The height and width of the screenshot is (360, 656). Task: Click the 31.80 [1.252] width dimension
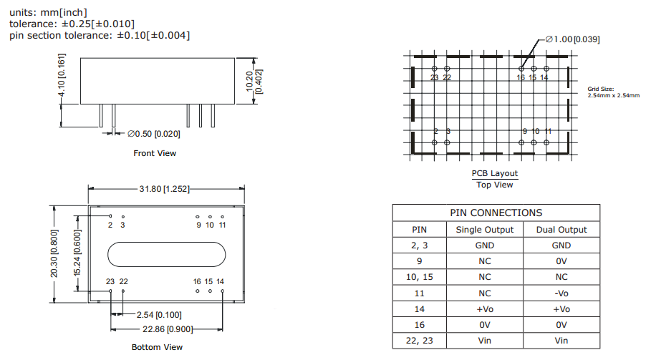click(x=165, y=189)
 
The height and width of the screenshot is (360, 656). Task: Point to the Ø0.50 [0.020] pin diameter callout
click(x=154, y=134)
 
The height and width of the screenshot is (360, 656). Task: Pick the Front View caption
click(x=155, y=153)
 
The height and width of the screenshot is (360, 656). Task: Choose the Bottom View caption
click(x=157, y=347)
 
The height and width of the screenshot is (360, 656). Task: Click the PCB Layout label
click(x=494, y=174)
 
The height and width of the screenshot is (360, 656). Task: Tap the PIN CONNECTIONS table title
click(x=496, y=213)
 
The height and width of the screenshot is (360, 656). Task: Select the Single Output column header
click(x=485, y=230)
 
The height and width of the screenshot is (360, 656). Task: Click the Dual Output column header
click(x=561, y=230)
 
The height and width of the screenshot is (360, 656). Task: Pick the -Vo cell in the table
click(x=561, y=293)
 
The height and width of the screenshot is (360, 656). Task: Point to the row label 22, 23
click(x=420, y=341)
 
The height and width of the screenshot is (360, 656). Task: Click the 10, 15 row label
click(x=420, y=277)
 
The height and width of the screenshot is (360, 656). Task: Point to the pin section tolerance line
click(x=100, y=35)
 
